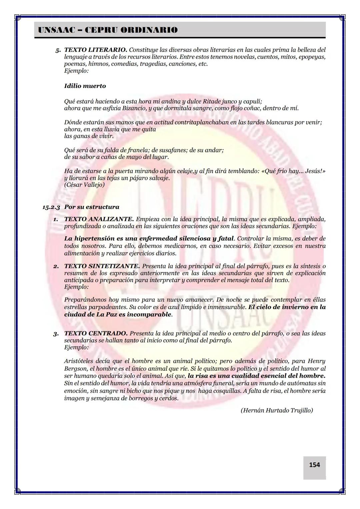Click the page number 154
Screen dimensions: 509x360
[x=314, y=465]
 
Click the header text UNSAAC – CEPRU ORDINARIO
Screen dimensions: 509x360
[x=108, y=30]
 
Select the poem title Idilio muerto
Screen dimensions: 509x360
[x=85, y=86]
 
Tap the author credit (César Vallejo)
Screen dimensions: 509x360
[x=84, y=185]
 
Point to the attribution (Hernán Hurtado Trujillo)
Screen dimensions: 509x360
[x=277, y=410]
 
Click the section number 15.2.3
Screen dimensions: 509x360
[x=51, y=207]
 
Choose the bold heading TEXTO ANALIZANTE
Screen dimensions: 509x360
[x=99, y=219]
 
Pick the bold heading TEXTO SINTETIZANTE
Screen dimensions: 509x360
[x=102, y=266]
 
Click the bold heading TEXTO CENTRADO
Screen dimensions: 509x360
[x=96, y=333]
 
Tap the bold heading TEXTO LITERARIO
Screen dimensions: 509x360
[x=95, y=50]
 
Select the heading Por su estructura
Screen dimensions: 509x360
[x=92, y=207]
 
